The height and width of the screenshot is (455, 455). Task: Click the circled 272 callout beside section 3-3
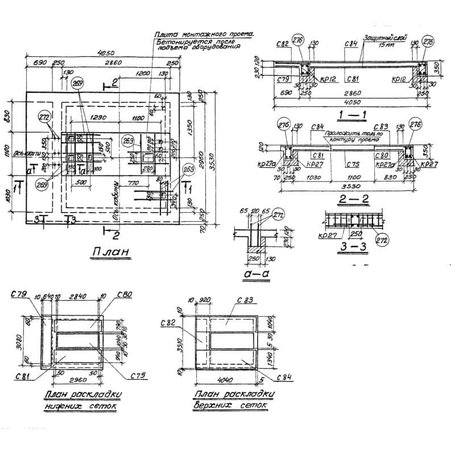(382, 239)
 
